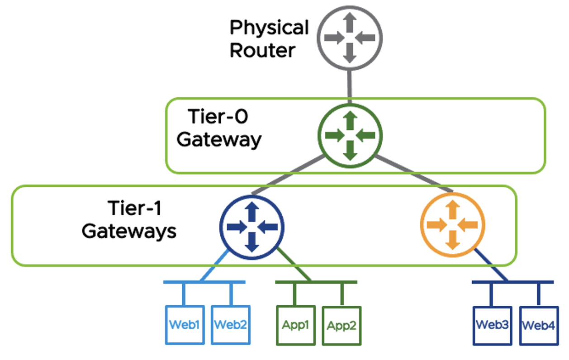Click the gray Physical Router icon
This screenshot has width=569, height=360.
coord(349,38)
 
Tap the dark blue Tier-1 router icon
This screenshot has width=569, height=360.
coord(252,225)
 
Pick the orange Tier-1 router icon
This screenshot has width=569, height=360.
coord(452,225)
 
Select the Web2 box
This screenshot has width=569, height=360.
coord(231,325)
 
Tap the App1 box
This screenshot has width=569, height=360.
coord(295,325)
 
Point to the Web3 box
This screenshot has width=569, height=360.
coord(493,325)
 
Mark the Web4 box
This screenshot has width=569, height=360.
coord(538,325)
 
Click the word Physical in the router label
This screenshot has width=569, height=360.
coord(269,28)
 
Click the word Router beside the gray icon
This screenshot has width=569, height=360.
coord(262,50)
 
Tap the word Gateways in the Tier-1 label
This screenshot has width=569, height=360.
coord(129,231)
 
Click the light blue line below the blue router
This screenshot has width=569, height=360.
coord(215,266)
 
